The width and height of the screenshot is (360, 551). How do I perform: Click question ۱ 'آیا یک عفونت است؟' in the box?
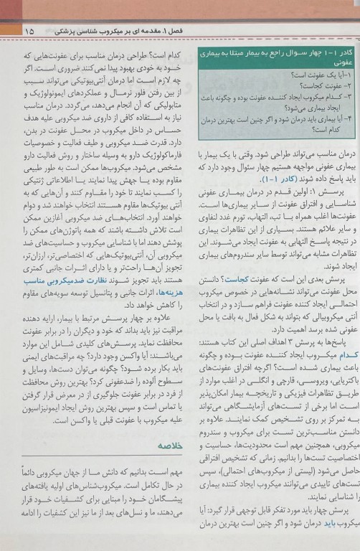coord(316,75)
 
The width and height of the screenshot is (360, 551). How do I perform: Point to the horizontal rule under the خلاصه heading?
coord(93,475)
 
